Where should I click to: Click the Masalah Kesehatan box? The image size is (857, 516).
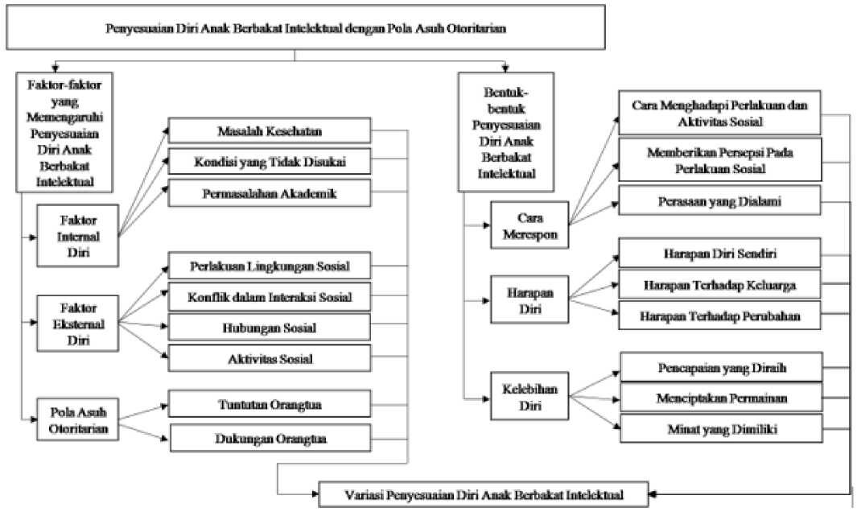coord(270,131)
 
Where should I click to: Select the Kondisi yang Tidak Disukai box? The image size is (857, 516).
coord(270,162)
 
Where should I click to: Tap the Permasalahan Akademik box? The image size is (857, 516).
coord(270,193)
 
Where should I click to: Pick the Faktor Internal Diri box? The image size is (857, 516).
coord(77,236)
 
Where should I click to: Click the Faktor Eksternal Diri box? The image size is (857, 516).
coord(77,324)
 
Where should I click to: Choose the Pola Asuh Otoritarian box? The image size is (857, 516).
coord(77,419)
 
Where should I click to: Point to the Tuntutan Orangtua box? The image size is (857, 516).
coord(270,404)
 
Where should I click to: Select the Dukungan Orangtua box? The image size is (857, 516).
coord(270,438)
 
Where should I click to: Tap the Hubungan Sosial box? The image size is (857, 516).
coord(270,328)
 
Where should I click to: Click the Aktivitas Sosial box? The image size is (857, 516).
coord(270,358)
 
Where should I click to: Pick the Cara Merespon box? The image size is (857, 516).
coord(529,225)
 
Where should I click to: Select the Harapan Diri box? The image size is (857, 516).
coord(529,300)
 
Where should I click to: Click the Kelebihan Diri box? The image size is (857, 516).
coord(529,396)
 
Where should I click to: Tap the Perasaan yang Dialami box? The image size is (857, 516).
coord(720,200)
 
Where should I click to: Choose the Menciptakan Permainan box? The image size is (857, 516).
coord(722,398)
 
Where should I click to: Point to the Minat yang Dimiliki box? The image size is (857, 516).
coord(722,428)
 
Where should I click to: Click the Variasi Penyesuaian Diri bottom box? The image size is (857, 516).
coord(484,495)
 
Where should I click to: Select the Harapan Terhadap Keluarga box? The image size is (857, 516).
coord(720,284)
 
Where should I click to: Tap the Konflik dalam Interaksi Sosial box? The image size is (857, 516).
coord(270,297)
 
